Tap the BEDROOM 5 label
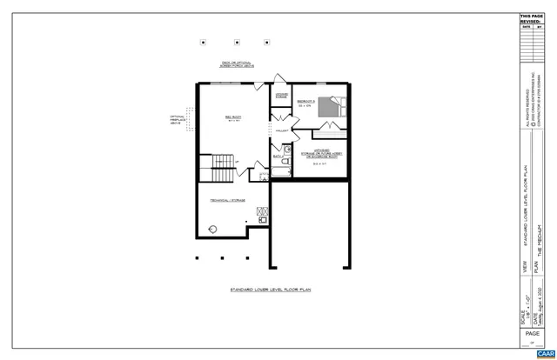[x=305, y=103]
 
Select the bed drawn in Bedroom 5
[x=328, y=106]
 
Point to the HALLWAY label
[x=281, y=130]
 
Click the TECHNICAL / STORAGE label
[x=227, y=200]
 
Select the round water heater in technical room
[x=211, y=230]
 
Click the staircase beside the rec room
[x=223, y=162]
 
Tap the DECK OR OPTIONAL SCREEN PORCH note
[x=237, y=66]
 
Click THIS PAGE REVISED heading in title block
[x=530, y=19]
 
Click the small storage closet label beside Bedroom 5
[x=281, y=96]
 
